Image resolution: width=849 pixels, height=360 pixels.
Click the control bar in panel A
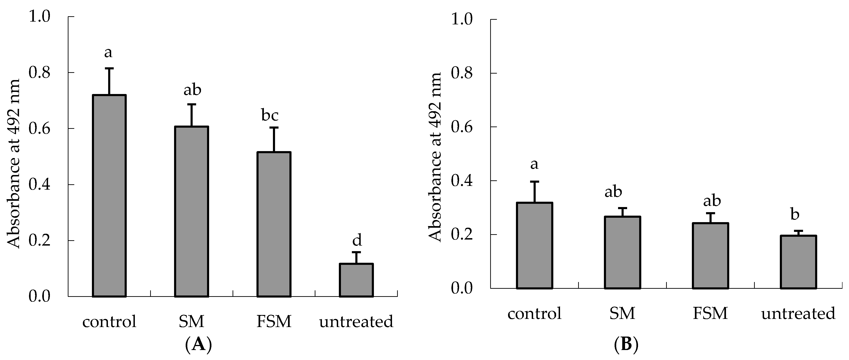click(x=109, y=196)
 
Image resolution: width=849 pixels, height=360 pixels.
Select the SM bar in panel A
click(x=191, y=211)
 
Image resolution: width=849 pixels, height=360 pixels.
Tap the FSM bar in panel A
click(x=274, y=224)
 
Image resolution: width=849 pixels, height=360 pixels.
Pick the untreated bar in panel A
click(x=356, y=280)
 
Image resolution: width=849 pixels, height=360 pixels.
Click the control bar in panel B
click(x=534, y=246)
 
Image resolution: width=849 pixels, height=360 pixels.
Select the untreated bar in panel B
click(x=798, y=262)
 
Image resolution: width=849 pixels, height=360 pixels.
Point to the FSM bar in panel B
click(x=710, y=256)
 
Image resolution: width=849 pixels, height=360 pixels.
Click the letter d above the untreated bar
click(x=357, y=240)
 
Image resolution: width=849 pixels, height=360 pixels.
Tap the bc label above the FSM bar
click(x=270, y=115)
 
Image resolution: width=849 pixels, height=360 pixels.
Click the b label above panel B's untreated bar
click(x=795, y=214)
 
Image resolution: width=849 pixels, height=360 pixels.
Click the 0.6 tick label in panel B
click(x=461, y=127)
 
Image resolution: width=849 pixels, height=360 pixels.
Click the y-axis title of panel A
click(x=14, y=164)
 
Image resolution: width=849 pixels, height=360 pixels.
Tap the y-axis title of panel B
click(x=435, y=157)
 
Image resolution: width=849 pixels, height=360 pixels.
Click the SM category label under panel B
click(x=622, y=313)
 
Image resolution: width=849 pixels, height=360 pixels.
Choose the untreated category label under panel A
click(x=356, y=321)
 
